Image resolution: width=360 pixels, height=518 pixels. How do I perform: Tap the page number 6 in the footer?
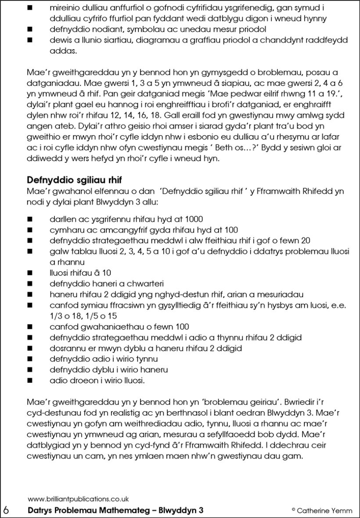[x=6, y=510]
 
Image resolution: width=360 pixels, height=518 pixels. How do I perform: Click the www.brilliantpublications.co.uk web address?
[x=78, y=499]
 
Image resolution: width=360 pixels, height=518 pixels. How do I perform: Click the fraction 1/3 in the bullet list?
[x=56, y=313]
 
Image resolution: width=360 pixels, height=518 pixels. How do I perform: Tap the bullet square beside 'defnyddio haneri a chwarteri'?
[x=30, y=283]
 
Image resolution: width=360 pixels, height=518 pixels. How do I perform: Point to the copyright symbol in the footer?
[x=293, y=510]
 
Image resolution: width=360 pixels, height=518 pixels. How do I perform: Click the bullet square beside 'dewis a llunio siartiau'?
[x=30, y=41]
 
